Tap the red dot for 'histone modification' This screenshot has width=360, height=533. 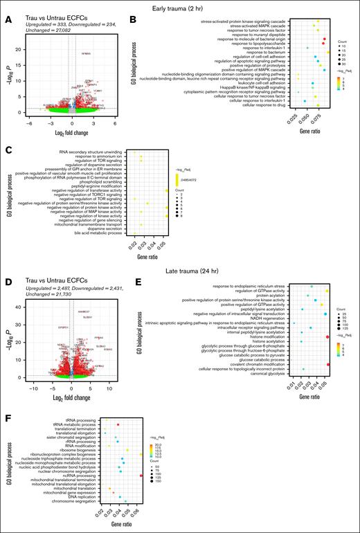tap(327, 336)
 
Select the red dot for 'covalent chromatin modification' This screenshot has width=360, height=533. tap(327, 364)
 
